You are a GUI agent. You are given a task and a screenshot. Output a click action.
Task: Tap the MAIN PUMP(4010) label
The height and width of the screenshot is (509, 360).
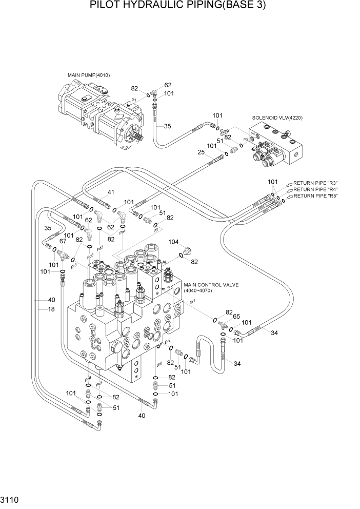click(88, 75)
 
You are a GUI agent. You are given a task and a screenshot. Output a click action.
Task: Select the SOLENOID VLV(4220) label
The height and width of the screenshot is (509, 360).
click(277, 118)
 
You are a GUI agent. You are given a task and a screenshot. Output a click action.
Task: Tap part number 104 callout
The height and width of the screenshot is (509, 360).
click(173, 241)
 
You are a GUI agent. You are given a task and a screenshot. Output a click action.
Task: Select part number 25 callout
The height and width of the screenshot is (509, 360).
click(201, 152)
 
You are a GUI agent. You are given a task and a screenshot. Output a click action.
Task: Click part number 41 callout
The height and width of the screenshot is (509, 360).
click(110, 192)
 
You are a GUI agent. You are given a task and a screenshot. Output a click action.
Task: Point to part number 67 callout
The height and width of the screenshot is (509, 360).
click(63, 241)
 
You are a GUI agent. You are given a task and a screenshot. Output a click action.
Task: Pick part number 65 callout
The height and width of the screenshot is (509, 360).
click(237, 317)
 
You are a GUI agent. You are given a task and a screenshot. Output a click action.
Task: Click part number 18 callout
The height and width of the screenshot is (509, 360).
click(51, 309)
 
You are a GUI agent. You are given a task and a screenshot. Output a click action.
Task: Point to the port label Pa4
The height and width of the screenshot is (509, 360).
click(122, 233)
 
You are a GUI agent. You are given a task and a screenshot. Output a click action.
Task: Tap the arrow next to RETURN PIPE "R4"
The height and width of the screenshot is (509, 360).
click(289, 189)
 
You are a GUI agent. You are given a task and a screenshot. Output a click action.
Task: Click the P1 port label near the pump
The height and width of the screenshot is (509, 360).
click(133, 100)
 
